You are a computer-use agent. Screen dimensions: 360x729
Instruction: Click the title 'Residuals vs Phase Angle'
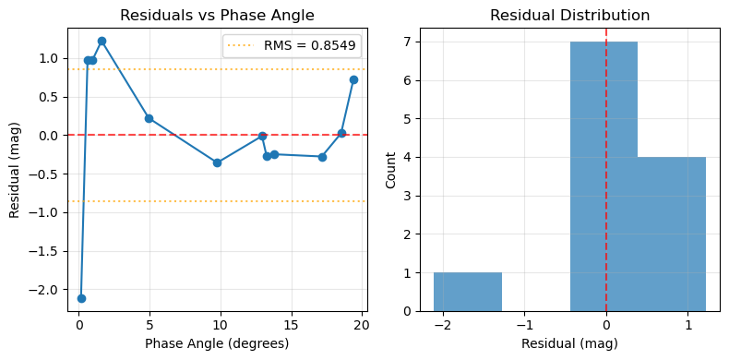218,15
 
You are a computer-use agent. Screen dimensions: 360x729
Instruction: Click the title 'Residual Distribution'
569,15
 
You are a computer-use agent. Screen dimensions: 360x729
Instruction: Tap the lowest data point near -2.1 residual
81,298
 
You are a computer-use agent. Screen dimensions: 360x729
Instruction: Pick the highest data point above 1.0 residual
102,41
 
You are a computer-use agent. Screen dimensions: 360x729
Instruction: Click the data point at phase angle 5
149,118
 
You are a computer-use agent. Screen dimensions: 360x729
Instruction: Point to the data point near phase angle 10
217,162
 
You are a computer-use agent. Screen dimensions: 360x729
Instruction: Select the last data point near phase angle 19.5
353,79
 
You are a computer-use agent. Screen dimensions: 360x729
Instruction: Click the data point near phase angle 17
322,157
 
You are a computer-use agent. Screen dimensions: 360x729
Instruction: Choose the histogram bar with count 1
468,292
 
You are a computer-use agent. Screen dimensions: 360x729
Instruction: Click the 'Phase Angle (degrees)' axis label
217,344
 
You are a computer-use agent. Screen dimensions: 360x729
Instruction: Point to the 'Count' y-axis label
390,171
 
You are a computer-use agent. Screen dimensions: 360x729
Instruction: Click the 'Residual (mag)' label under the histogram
569,344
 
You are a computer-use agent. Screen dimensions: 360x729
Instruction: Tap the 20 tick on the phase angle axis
362,325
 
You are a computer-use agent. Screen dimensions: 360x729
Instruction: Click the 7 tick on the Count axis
411,42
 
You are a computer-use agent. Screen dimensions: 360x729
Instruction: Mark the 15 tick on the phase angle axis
291,325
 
